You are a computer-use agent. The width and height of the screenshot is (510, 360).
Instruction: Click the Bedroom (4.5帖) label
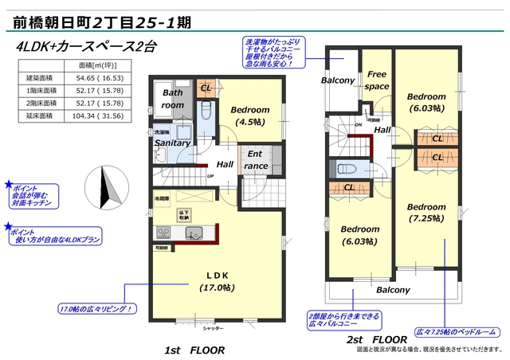click(250, 116)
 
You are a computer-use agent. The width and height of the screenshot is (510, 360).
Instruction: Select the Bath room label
click(173, 99)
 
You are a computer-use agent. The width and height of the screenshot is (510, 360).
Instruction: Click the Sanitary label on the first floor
click(172, 143)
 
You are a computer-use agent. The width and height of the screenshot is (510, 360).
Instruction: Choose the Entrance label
click(256, 160)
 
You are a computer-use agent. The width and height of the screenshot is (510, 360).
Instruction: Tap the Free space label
click(377, 80)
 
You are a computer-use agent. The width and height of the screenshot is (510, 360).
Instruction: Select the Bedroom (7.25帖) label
click(426, 213)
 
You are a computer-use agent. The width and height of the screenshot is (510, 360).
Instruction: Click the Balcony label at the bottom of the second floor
click(393, 290)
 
